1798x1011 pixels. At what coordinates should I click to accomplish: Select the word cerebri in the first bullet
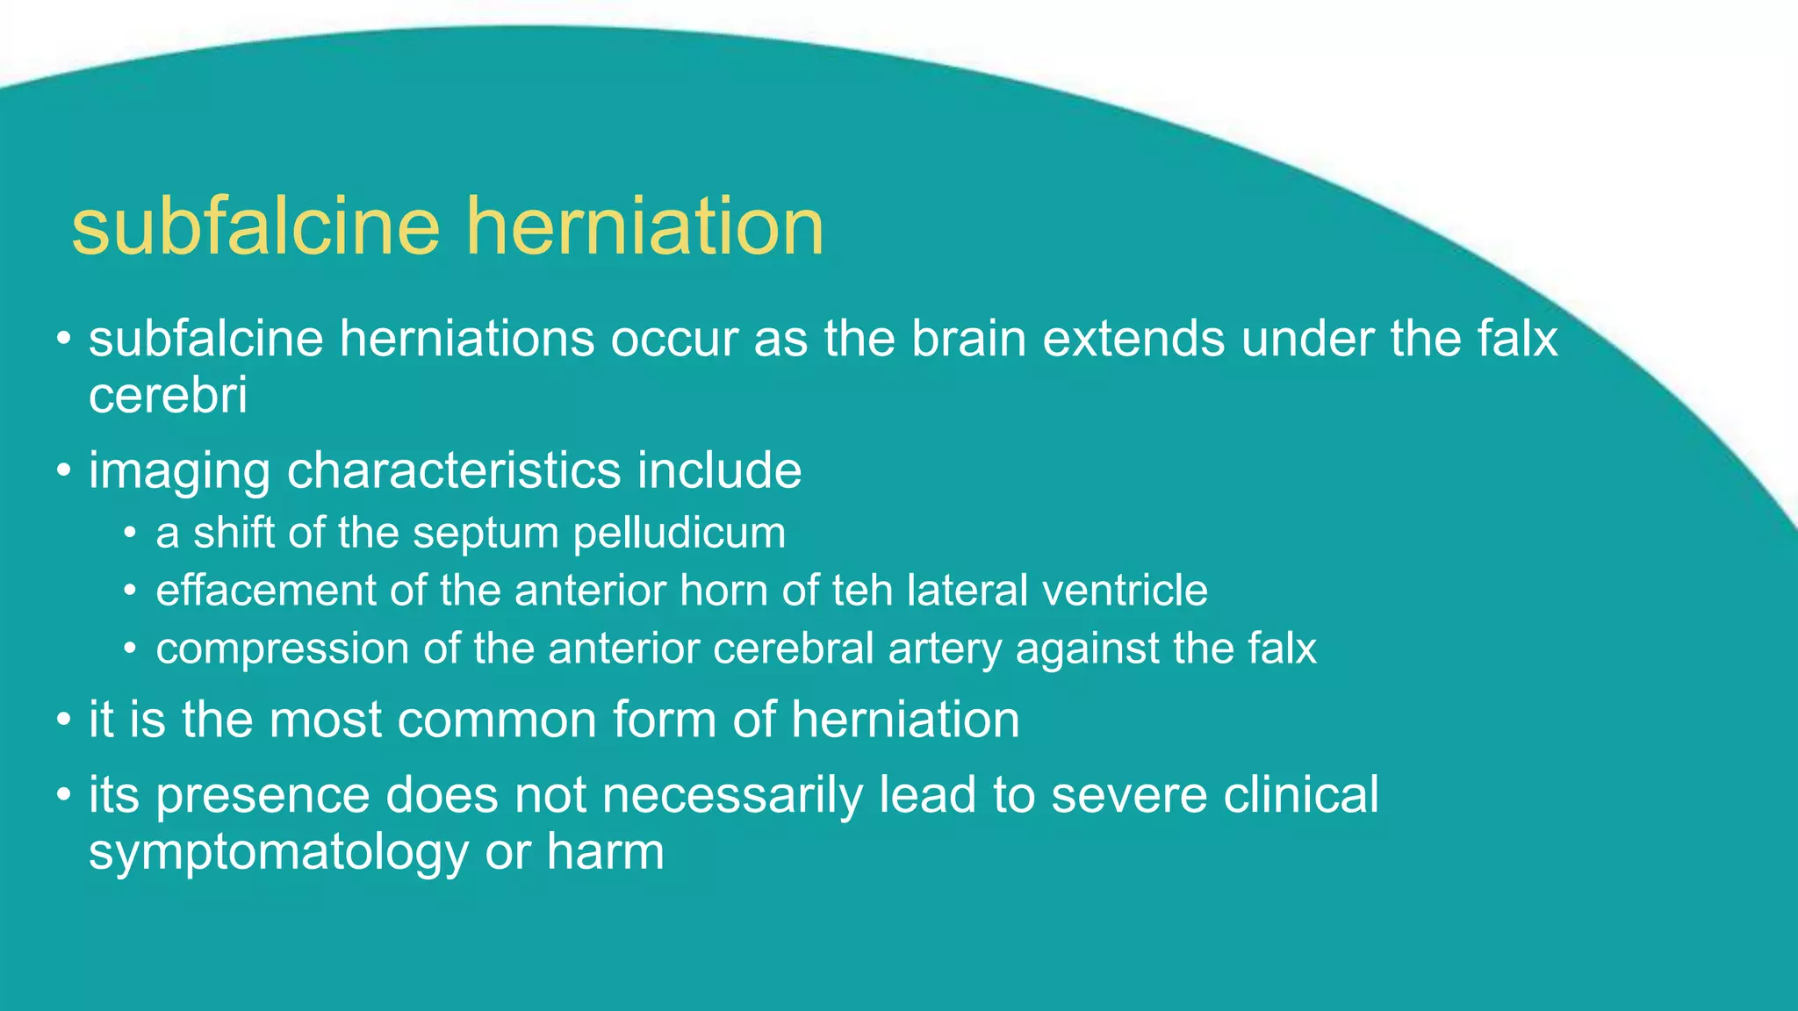point(168,396)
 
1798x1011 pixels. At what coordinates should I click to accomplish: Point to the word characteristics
point(454,470)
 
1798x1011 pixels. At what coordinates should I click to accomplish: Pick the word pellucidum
point(679,534)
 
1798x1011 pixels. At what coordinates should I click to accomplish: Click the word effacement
point(266,590)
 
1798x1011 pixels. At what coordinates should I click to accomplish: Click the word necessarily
point(732,795)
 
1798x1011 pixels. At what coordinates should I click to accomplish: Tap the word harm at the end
point(605,851)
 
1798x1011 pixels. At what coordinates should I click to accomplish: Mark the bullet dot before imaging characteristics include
point(62,471)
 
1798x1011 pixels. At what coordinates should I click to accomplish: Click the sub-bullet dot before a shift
point(130,534)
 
